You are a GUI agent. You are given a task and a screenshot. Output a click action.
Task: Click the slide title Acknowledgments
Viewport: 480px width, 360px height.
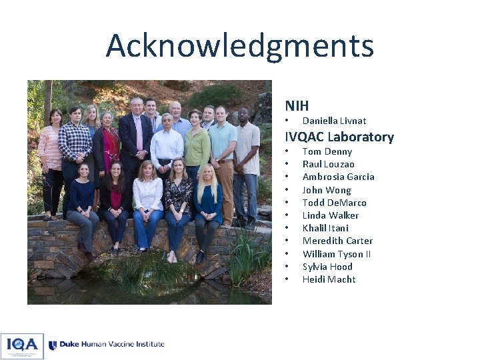point(239,46)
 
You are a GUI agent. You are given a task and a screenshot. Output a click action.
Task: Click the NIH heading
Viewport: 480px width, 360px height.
point(297,105)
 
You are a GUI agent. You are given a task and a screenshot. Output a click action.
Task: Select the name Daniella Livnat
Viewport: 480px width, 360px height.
point(334,121)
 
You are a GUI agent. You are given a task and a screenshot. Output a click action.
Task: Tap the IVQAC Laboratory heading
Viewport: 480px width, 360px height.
point(339,137)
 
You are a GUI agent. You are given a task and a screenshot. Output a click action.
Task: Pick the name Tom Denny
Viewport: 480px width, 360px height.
point(327,151)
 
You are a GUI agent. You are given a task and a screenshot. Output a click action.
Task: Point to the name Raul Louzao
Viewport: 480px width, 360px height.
point(328,164)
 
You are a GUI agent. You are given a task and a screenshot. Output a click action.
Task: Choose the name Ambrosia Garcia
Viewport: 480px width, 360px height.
point(338,177)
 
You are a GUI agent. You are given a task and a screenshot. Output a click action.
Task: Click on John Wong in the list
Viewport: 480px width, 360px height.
point(327,190)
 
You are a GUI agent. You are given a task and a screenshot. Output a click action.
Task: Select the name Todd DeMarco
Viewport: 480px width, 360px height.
point(334,203)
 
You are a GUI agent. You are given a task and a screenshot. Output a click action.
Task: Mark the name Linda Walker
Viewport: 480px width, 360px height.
point(330,215)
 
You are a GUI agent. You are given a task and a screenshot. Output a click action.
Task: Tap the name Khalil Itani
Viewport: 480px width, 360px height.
point(325,228)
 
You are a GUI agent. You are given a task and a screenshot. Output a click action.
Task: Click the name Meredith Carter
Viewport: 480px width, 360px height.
point(337,241)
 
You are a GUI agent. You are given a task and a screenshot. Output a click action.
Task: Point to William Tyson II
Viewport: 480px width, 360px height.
point(337,254)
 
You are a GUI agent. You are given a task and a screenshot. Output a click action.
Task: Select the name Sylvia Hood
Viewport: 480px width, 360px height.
point(327,267)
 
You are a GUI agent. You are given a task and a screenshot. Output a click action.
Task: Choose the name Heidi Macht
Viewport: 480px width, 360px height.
point(329,279)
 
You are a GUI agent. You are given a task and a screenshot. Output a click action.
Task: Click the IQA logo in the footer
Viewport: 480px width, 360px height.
point(22,345)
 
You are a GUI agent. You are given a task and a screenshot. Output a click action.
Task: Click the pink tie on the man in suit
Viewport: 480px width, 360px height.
point(139,133)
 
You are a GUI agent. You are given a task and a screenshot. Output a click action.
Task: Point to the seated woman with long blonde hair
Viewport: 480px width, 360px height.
point(207,200)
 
